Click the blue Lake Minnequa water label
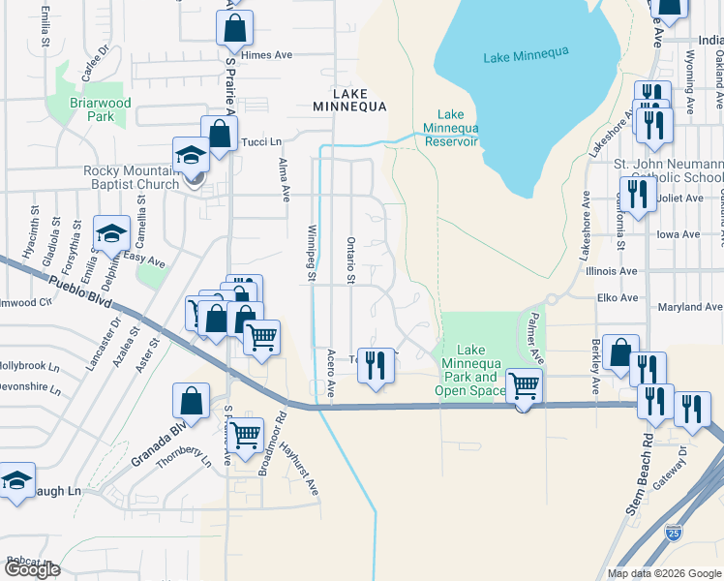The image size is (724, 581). (x=523, y=59)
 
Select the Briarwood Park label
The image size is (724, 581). (x=99, y=109)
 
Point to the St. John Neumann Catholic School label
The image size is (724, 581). (x=671, y=170)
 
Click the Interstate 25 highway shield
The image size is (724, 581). (x=674, y=533)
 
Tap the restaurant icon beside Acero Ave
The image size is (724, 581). (x=377, y=366)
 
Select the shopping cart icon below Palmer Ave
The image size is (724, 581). (x=524, y=386)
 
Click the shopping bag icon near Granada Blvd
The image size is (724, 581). (x=192, y=401)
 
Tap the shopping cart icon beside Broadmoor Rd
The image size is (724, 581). (x=247, y=437)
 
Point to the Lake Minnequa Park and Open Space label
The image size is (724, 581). (x=470, y=370)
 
